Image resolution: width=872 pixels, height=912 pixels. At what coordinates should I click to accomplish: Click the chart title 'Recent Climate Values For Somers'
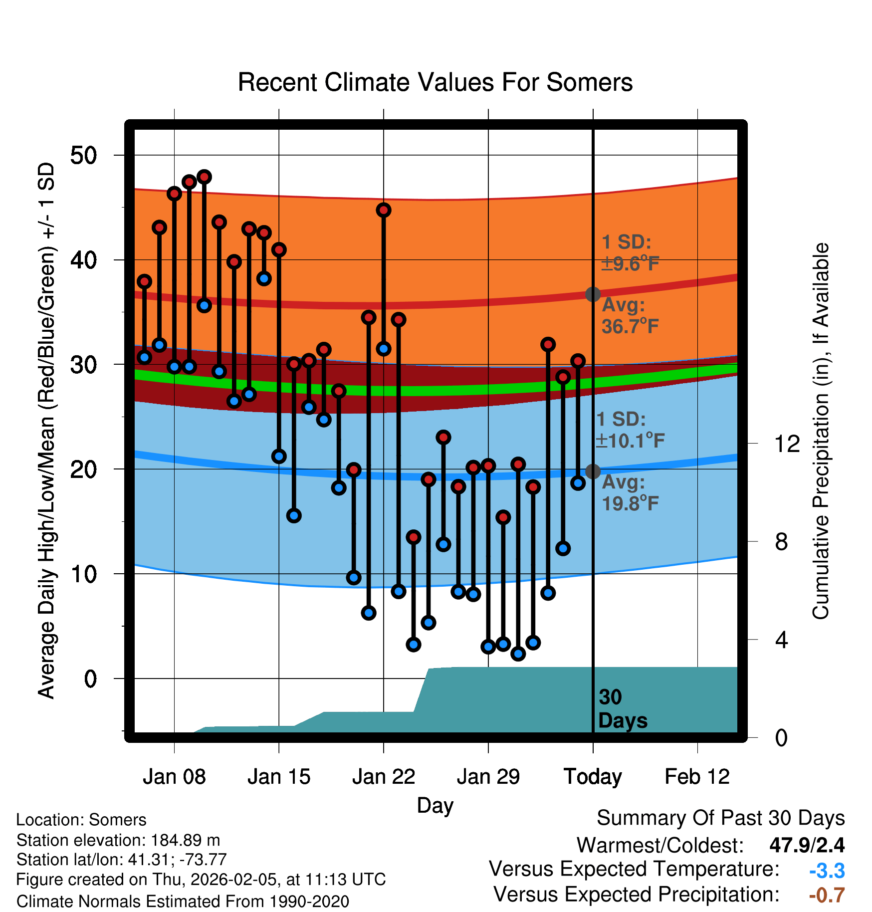[435, 82]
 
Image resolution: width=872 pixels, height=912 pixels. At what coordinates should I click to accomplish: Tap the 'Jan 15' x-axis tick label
[279, 777]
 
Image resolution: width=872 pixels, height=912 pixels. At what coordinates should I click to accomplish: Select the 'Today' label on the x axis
[593, 777]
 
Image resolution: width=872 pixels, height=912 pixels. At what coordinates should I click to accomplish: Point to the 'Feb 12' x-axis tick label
[697, 777]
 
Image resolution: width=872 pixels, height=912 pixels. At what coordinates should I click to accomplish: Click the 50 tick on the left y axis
[84, 155]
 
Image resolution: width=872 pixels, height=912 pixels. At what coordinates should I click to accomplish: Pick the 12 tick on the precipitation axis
[787, 444]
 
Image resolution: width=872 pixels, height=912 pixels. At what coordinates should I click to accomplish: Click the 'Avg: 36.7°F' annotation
[630, 316]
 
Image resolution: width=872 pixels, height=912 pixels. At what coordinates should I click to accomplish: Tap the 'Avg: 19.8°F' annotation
[630, 493]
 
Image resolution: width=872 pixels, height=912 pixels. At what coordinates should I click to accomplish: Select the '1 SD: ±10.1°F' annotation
[630, 430]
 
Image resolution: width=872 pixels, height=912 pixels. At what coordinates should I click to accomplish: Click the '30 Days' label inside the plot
[622, 709]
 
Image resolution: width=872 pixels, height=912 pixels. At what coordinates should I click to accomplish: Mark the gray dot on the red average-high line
[593, 294]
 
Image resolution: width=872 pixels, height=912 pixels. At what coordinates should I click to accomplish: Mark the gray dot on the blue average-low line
[593, 471]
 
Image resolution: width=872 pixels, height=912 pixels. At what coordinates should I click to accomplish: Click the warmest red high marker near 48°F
[204, 177]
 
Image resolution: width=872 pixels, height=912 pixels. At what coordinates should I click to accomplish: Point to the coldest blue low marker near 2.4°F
[518, 654]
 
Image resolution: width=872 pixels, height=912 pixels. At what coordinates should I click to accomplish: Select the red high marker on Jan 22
[384, 210]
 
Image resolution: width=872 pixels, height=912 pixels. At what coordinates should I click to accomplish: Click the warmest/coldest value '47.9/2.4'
[807, 845]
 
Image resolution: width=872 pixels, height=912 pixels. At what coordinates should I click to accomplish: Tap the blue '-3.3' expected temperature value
[827, 871]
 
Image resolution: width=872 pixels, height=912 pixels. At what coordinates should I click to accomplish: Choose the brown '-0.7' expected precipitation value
[827, 895]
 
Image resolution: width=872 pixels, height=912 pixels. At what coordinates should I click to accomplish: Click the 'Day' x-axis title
[435, 805]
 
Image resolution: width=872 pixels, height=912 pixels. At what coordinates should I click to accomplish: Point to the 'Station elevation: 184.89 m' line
[118, 840]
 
